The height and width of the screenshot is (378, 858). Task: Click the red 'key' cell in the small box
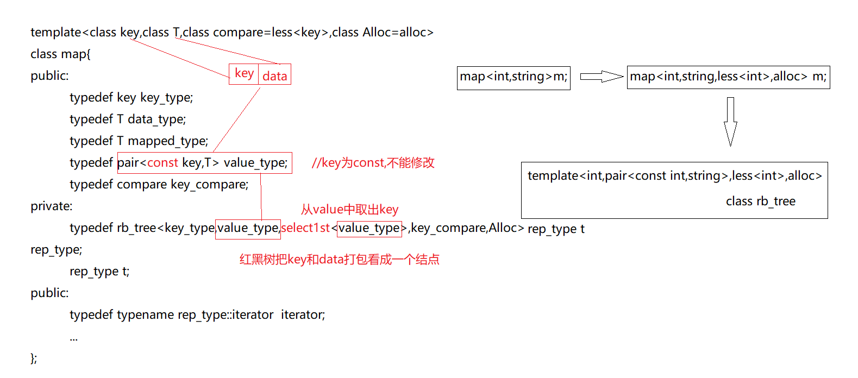[244, 74]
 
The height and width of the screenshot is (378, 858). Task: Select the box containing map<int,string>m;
[513, 77]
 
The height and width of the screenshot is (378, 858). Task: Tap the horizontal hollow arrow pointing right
[601, 77]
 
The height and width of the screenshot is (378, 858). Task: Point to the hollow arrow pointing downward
[730, 122]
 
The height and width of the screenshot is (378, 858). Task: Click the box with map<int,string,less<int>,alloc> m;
[728, 77]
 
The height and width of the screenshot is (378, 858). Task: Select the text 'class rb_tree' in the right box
[760, 201]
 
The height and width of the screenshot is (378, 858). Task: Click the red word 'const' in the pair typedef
[162, 163]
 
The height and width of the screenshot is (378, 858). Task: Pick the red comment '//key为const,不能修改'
[373, 163]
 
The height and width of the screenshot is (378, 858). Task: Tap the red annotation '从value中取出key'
[349, 210]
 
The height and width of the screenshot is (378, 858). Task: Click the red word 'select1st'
[305, 228]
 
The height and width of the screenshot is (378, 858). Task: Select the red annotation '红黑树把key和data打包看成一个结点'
[339, 260]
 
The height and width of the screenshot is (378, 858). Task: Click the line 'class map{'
[60, 54]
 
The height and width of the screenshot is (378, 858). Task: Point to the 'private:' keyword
[51, 206]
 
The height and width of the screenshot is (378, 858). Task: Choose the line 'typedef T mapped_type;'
[139, 141]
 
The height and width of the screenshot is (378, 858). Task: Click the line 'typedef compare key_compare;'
[159, 185]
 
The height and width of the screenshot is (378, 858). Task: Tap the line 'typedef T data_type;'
[128, 119]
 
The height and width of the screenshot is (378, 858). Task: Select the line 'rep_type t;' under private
[99, 272]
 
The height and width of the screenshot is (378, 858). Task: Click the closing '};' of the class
[34, 358]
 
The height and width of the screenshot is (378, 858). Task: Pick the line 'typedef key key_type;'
[131, 98]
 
